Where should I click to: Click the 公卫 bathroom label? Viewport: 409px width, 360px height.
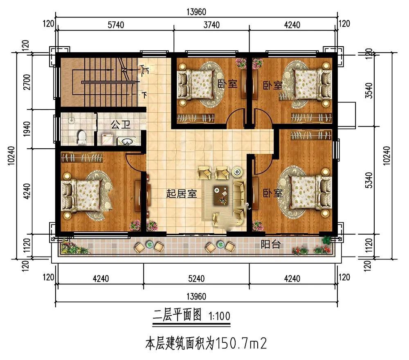[x=121, y=125]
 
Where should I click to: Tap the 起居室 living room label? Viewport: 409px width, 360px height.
[x=182, y=194]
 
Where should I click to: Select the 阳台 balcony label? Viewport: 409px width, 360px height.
[x=271, y=244]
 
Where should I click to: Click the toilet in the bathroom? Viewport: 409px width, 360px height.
[x=82, y=137]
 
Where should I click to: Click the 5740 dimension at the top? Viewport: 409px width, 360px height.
[x=116, y=25]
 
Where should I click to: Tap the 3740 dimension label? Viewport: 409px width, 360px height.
[x=211, y=25]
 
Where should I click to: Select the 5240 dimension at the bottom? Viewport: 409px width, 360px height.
[x=196, y=279]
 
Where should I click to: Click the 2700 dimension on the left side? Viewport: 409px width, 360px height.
[x=27, y=82]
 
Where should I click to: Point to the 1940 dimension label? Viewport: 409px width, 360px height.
[x=27, y=129]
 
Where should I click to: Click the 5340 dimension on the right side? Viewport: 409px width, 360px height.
[x=369, y=180]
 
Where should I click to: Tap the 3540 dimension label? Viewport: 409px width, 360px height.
[x=369, y=91]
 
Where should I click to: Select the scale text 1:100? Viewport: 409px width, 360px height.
[x=219, y=316]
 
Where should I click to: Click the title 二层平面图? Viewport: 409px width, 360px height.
[x=178, y=315]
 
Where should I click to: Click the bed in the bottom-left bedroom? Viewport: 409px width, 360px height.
[x=81, y=195]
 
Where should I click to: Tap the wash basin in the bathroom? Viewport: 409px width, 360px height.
[x=126, y=141]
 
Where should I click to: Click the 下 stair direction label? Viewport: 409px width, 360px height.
[x=144, y=95]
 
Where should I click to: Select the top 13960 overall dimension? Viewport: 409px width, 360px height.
[x=196, y=12]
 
